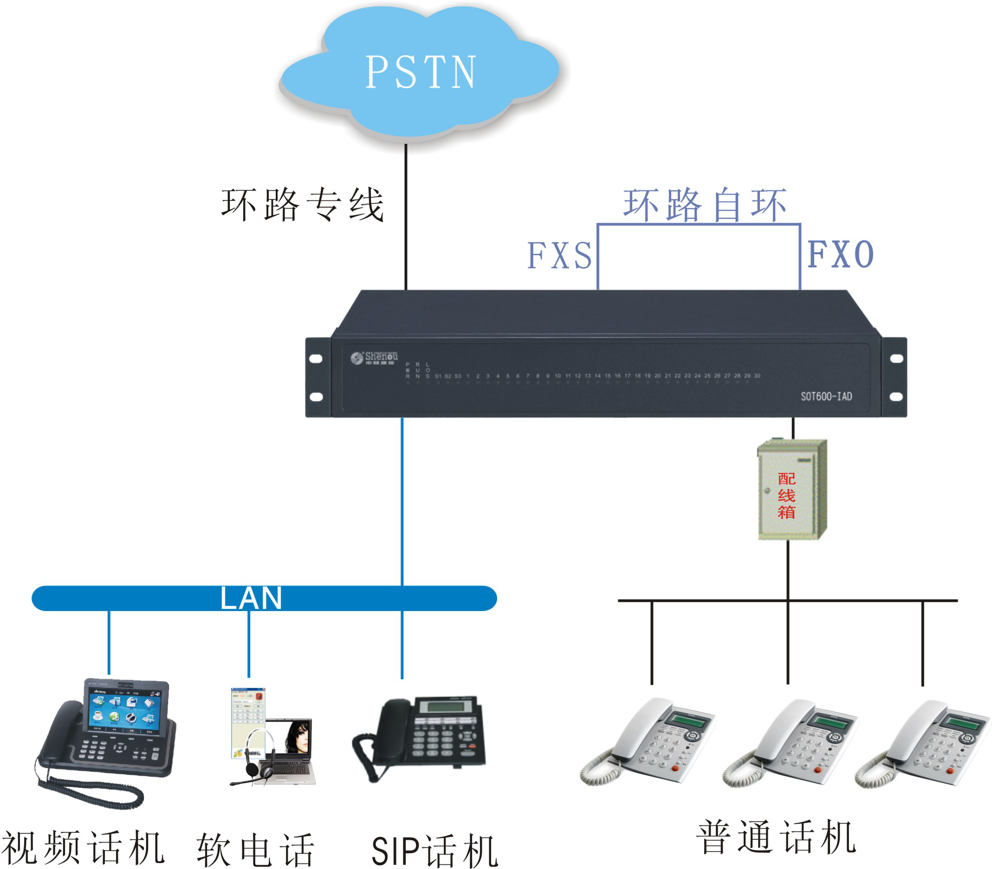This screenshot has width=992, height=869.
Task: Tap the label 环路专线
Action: point(303,205)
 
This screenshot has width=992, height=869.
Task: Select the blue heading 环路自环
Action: point(704,205)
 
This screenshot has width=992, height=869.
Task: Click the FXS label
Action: point(559,255)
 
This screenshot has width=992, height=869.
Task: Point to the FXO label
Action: point(840,254)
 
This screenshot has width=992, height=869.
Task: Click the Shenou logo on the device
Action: point(374,358)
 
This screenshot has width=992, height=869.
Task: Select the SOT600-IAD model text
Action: point(826,396)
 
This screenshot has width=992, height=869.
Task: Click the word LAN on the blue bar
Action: point(251,598)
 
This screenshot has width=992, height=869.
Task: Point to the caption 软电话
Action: point(256,850)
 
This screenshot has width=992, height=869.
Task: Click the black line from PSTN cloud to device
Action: point(406,218)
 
